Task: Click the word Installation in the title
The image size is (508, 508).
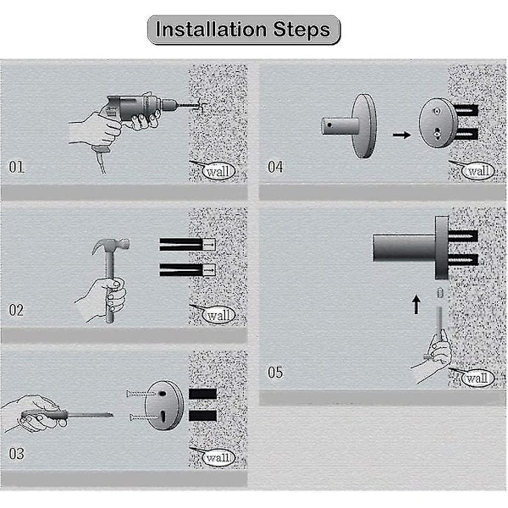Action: coord(211,29)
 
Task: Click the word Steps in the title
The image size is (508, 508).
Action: coord(301,30)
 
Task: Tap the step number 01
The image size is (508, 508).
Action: coord(17,167)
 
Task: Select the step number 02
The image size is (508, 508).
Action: coord(16,311)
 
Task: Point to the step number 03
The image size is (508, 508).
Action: coord(16,454)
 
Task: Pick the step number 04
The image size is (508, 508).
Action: coord(275,167)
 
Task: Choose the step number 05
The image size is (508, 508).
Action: coord(275,373)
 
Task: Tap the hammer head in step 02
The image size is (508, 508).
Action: coord(111,245)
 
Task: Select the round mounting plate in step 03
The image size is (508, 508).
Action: coord(163,405)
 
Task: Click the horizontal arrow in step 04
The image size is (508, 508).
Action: coord(401,135)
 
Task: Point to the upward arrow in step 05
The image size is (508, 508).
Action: coord(417,304)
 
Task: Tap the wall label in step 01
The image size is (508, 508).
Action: coord(218,171)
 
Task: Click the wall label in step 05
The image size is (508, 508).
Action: coord(478,378)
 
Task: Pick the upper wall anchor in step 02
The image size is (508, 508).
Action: coord(187,245)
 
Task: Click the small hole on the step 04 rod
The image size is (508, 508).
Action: coord(329,124)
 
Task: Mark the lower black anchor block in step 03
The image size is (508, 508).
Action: coord(203,416)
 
